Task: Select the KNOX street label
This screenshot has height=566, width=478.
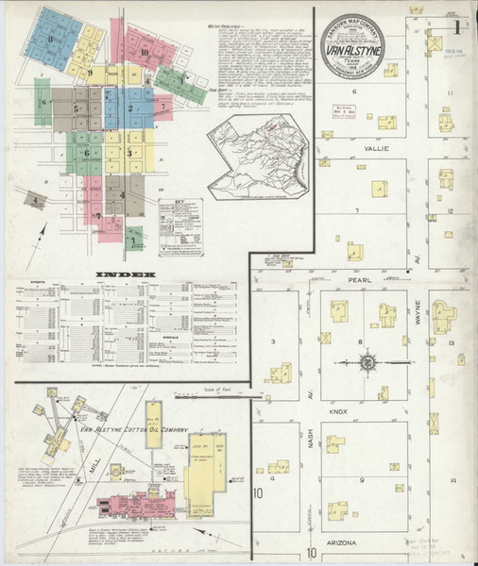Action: point(365,412)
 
